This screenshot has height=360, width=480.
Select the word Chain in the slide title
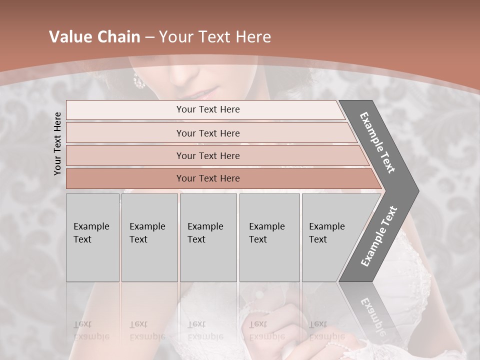(118, 37)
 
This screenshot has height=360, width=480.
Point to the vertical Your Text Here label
(57, 143)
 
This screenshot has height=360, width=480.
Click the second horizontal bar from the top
(208, 133)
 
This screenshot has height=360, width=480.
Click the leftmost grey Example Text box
(92, 237)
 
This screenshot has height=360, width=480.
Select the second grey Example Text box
(149, 237)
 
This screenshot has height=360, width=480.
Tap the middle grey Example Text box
(208, 237)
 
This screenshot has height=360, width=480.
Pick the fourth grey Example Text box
(269, 237)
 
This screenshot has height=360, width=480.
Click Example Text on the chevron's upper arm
(377, 142)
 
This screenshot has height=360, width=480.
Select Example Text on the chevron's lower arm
(378, 236)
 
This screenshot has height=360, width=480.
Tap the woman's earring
(137, 80)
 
